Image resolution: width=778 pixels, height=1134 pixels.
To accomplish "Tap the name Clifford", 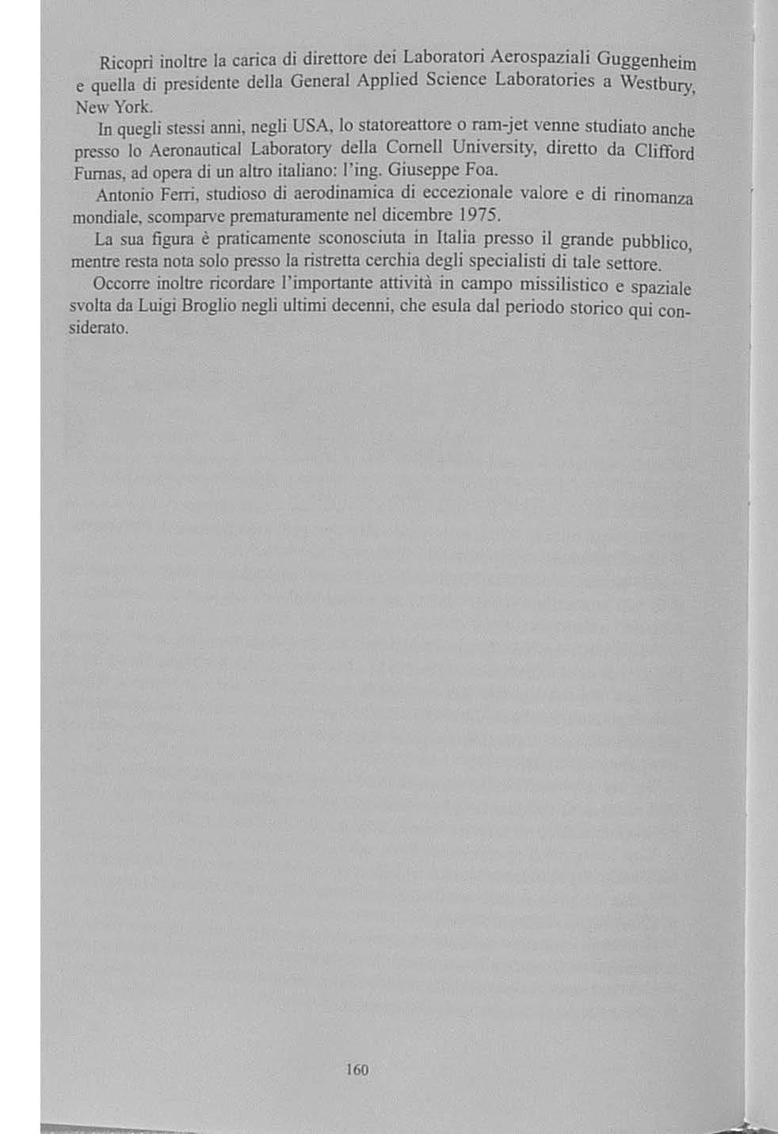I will [665, 151].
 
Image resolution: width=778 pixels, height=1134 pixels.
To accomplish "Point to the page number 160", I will [357, 1070].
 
